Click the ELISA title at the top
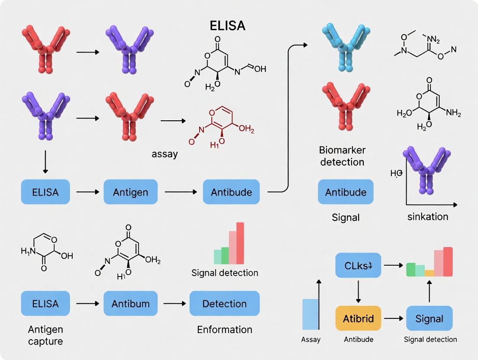click(227, 26)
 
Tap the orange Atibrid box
click(358, 318)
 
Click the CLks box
click(358, 265)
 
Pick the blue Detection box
click(224, 303)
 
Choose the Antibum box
click(130, 303)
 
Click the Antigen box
click(130, 192)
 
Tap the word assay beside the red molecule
click(165, 154)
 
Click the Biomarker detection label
click(342, 156)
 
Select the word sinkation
click(428, 216)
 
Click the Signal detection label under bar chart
click(225, 273)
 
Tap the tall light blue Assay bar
click(310, 315)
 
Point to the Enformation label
click(224, 329)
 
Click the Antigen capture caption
click(45, 335)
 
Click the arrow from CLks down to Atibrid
click(358, 292)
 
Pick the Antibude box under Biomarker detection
click(346, 192)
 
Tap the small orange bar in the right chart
click(429, 273)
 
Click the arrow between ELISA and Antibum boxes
click(87, 304)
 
